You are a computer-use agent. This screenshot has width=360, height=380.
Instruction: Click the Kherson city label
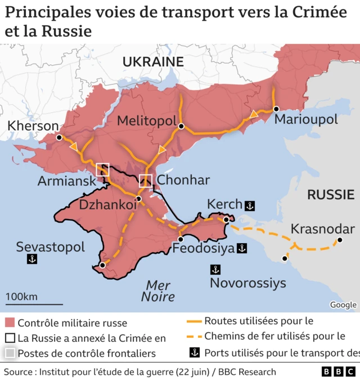pos(33,126)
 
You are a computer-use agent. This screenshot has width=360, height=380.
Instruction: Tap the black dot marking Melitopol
pos(181,127)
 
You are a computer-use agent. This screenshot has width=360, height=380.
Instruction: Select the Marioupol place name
pos(306,120)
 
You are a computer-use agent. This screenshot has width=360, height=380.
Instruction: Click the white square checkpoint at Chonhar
pos(146,181)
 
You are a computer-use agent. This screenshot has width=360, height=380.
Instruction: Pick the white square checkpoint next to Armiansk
pos(102,169)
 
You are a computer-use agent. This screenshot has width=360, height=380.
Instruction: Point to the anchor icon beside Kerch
pos(250,205)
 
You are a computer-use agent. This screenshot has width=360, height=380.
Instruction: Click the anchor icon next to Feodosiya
pos(242,248)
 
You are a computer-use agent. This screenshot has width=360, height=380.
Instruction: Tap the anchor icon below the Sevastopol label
pos(32,259)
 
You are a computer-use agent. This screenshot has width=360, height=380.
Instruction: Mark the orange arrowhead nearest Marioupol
pos(254,114)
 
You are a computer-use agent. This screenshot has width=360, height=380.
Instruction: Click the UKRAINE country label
pos(153,61)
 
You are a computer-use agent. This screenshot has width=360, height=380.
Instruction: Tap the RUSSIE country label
pos(330,195)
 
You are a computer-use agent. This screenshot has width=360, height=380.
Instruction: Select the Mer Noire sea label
pos(158,290)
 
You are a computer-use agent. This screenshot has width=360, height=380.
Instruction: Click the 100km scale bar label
pos(21,297)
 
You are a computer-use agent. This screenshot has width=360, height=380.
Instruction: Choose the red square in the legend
pos(10,323)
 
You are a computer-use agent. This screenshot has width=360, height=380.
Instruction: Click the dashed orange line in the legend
pos(193,337)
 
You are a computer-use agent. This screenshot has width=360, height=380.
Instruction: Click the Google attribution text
pos(343,305)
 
